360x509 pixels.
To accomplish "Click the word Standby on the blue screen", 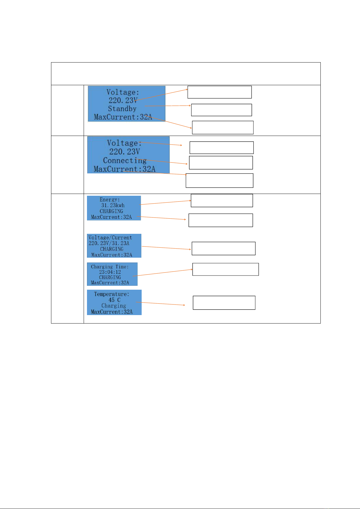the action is pos(122,109).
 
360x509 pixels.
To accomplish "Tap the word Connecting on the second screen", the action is pos(125,161).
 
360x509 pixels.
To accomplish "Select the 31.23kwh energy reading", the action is pos(113,205).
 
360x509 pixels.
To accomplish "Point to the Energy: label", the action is pos(110,200).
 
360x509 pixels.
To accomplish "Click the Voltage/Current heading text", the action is pos(110,238).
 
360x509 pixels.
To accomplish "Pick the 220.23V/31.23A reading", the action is pos(109,243).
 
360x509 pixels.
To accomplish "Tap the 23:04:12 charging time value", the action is pos(110,272).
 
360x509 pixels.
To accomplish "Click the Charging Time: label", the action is pos(110,267).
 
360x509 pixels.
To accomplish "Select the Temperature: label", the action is pos(112,294).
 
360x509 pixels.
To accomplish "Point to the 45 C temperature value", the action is pos(114,300).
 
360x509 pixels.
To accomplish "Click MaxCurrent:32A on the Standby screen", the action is pos(123,117).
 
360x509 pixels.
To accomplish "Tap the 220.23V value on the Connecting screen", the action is pos(124,152).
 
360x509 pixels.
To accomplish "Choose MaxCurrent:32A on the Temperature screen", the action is pos(112,312).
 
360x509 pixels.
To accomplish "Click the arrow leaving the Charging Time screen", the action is pos(163,273).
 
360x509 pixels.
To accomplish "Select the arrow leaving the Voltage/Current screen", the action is pos(166,248).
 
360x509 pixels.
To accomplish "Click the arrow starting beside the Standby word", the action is pos(168,106).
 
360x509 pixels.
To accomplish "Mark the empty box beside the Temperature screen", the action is pos(224,303).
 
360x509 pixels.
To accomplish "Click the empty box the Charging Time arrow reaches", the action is pos(226,269).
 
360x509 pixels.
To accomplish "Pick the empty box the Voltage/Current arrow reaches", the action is pos(223,248).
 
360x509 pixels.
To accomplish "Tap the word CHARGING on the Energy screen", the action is pos(111,211).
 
